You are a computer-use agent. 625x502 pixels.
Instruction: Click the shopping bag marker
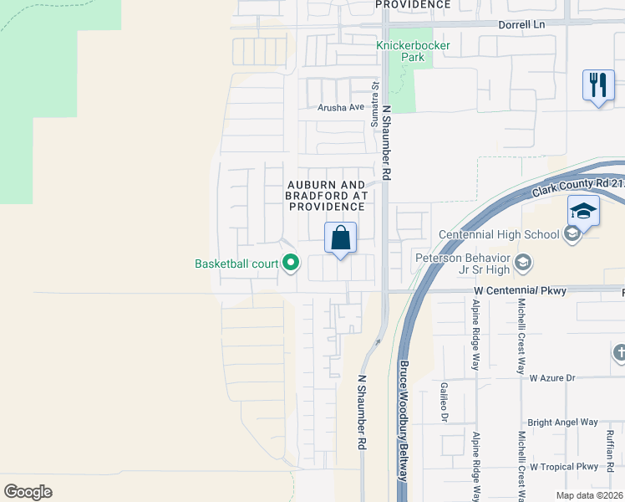341,238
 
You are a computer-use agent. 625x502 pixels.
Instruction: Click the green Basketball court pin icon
291,264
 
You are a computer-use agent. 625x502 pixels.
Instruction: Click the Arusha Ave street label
341,107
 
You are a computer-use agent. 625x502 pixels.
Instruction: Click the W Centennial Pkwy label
520,291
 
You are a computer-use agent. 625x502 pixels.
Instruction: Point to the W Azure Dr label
553,378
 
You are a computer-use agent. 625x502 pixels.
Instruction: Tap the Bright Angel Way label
563,423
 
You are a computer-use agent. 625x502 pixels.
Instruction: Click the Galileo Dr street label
444,402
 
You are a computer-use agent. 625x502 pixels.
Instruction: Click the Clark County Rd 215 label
576,185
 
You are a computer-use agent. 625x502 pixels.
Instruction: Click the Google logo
28,492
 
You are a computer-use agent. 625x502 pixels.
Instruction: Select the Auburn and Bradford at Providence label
326,195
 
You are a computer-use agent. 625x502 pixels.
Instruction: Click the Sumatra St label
376,103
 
